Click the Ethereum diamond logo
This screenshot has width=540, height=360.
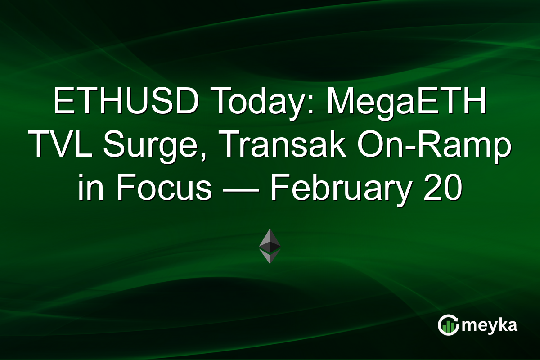(270, 246)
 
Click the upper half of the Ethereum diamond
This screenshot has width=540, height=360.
(270, 238)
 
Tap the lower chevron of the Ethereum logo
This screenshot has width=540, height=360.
(270, 257)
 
